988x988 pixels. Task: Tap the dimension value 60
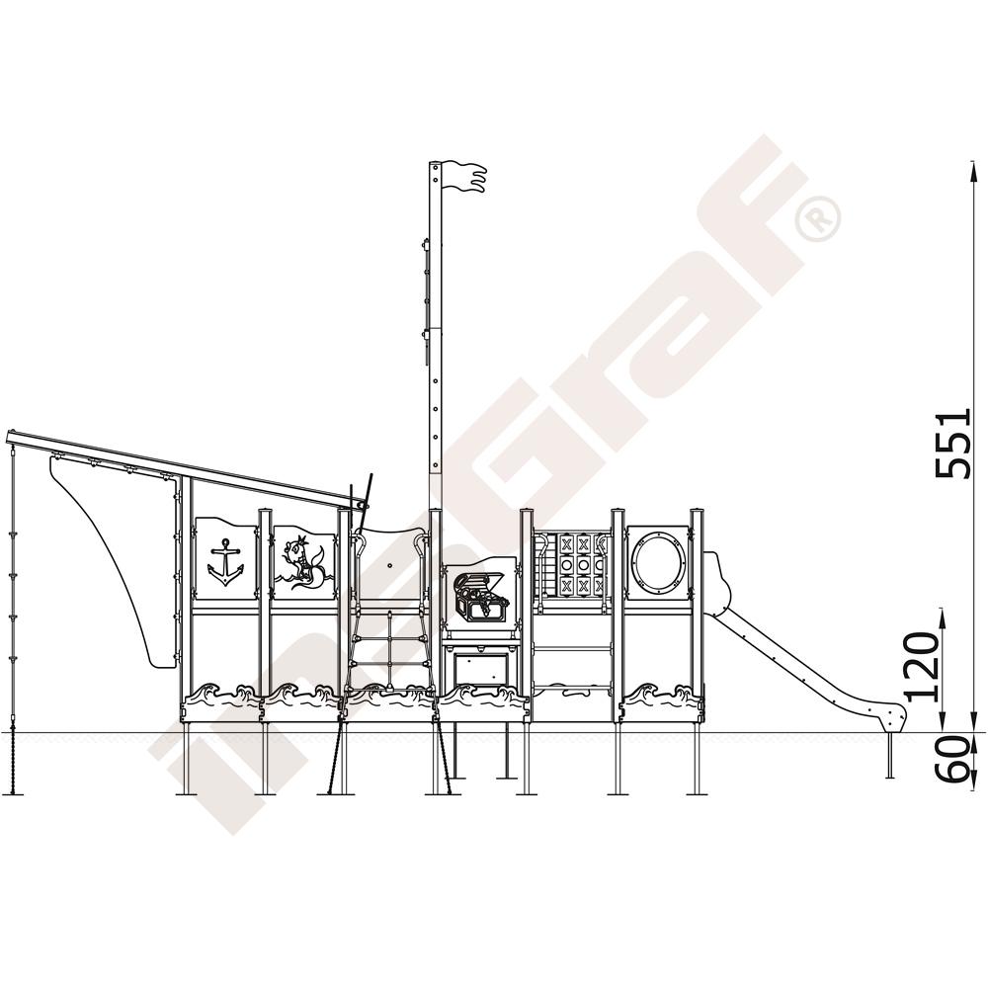(x=952, y=760)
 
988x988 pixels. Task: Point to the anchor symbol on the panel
(x=225, y=562)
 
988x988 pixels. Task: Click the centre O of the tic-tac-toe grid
(x=584, y=564)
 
